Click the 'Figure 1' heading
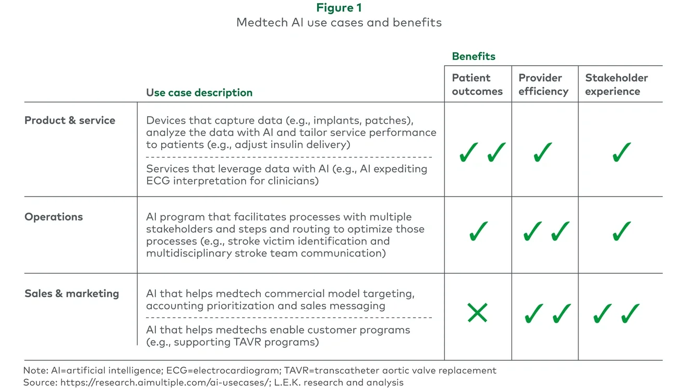[338, 8]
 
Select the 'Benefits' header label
[474, 56]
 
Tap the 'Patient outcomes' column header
[477, 84]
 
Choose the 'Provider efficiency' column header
[543, 84]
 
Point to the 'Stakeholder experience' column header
[616, 84]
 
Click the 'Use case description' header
[199, 93]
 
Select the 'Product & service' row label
[70, 120]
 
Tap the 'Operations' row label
[54, 217]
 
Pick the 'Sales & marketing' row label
[71, 294]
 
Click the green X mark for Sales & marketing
[477, 313]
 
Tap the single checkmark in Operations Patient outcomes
[478, 231]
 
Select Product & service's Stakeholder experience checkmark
[622, 152]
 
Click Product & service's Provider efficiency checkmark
[543, 152]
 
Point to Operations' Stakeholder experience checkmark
[622, 231]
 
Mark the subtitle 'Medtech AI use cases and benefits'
[338, 22]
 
